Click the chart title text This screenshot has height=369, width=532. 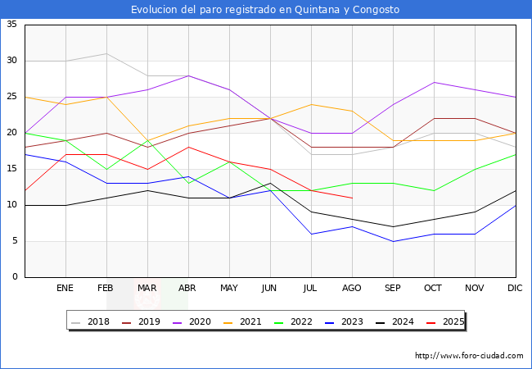[265, 10]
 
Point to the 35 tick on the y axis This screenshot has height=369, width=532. [12, 25]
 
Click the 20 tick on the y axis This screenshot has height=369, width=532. [12, 133]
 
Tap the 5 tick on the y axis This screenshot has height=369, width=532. [15, 241]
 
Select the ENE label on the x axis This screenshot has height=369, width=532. [65, 289]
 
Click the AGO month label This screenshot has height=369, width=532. [352, 289]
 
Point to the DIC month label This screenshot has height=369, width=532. [516, 289]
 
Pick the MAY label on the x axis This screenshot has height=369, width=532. [229, 289]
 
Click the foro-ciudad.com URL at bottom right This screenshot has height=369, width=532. [469, 356]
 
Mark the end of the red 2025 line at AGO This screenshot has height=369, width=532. [352, 198]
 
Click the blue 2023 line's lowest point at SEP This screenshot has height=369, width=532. [393, 241]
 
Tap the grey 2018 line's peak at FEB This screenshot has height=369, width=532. [106, 53]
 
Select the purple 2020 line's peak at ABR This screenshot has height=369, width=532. [188, 75]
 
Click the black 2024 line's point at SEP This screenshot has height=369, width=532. [393, 226]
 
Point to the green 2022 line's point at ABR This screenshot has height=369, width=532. [188, 183]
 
